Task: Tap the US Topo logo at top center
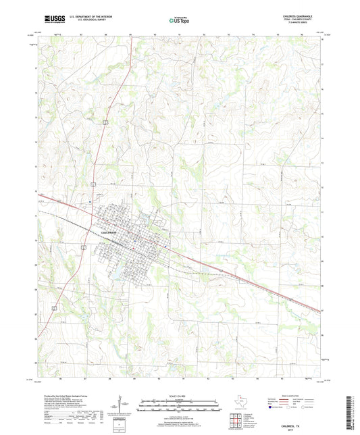[179, 21]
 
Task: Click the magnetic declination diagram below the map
[122, 407]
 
